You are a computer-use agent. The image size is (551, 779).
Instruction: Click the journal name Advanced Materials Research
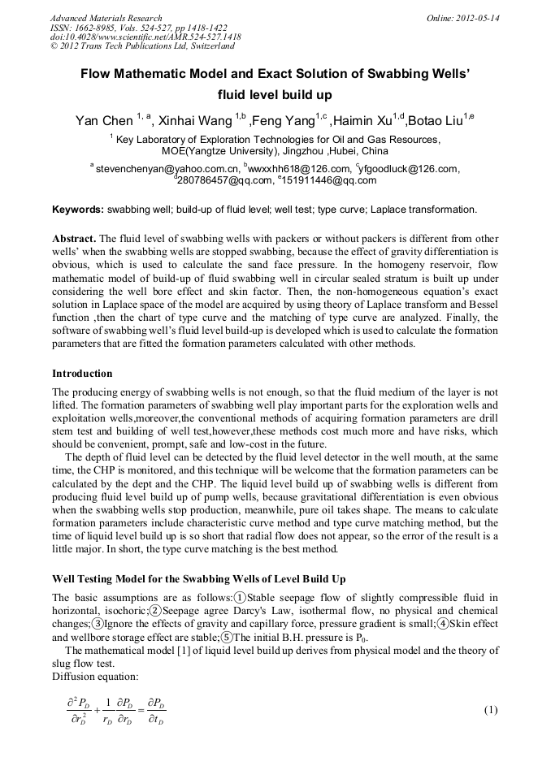[106, 18]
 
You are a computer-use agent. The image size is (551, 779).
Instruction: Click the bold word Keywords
[78, 210]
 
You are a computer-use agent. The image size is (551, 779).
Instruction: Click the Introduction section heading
[82, 374]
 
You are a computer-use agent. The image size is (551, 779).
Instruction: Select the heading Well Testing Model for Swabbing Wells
[198, 578]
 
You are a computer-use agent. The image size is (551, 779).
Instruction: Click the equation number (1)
[490, 710]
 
